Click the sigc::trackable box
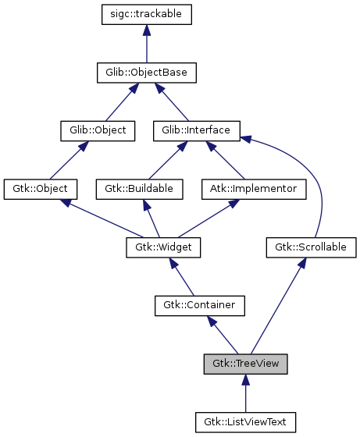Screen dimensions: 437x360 point(147,14)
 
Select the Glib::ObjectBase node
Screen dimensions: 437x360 point(147,73)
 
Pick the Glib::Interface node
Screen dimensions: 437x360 point(195,130)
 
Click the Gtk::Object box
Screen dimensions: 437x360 point(41,189)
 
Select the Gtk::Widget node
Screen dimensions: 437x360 point(163,247)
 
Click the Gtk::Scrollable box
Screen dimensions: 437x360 point(312,247)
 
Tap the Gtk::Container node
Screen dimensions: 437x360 point(200,305)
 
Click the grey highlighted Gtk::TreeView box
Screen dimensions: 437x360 point(245,364)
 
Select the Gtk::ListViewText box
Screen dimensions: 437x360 point(245,422)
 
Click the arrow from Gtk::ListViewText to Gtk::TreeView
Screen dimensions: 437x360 point(245,395)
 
